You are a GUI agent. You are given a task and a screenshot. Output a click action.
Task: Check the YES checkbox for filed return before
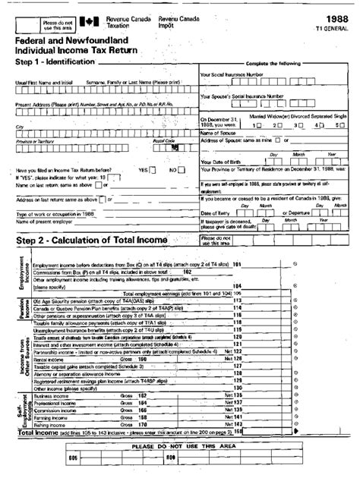(x=154, y=169)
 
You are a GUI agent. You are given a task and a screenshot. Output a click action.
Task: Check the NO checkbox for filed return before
(x=182, y=169)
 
